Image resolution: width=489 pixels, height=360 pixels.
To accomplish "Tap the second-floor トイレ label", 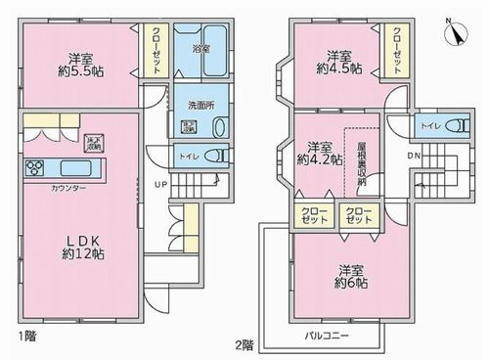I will click(428, 126).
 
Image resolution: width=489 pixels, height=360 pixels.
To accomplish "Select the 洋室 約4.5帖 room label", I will click(338, 63).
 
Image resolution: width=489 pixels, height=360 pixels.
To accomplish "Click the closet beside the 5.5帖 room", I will click(156, 50).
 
